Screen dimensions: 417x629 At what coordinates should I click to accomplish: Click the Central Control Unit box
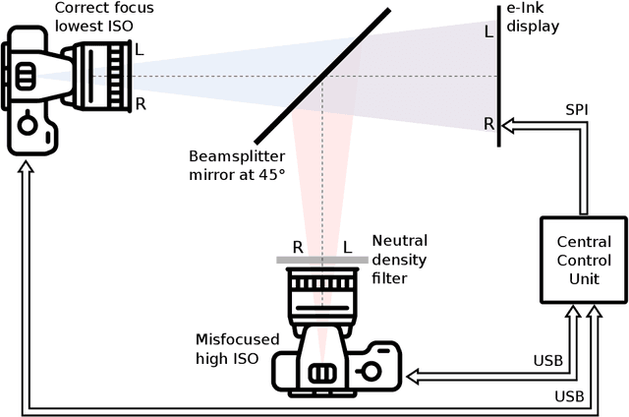584,259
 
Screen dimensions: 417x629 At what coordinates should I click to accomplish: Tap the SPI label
577,108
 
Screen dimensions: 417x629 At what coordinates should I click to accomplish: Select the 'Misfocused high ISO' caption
237,348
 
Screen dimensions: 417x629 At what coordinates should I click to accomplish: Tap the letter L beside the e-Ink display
488,31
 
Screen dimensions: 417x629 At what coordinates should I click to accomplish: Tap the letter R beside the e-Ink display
488,123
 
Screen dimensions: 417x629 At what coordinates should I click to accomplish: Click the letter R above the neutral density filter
297,247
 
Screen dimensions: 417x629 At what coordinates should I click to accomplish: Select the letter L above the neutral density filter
347,247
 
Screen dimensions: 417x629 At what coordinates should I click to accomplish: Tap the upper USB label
547,361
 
